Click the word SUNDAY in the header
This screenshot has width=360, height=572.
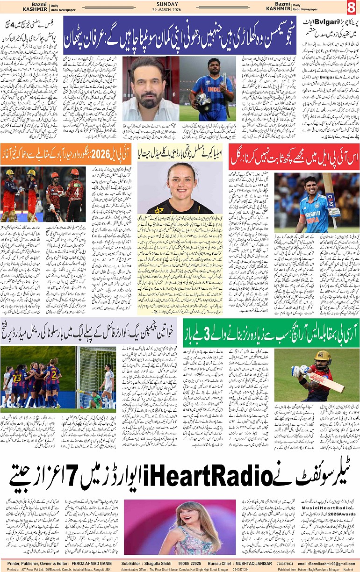point(180,4)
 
